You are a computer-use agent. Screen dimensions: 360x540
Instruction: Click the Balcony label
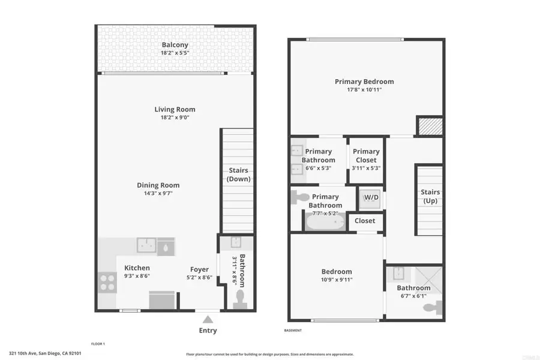(x=175, y=45)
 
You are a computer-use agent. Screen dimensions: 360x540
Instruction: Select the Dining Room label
(x=158, y=185)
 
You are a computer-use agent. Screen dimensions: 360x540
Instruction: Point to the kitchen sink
(x=146, y=245)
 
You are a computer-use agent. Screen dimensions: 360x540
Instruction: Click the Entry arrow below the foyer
(x=208, y=319)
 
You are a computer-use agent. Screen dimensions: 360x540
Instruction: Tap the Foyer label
(x=200, y=269)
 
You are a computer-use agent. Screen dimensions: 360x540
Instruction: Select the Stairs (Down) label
(x=239, y=175)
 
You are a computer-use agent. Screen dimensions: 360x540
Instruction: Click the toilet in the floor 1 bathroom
(x=240, y=298)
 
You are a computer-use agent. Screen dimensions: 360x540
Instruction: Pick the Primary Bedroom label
(x=364, y=82)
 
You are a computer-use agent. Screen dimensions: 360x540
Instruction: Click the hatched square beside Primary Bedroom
(x=430, y=126)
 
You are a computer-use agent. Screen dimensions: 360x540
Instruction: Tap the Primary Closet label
(x=366, y=156)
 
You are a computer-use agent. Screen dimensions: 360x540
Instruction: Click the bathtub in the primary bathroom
(x=326, y=223)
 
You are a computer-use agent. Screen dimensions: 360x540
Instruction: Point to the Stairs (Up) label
(x=430, y=197)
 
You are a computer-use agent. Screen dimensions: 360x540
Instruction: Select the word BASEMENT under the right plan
(x=292, y=331)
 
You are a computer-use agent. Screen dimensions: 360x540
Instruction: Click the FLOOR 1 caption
(x=98, y=344)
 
